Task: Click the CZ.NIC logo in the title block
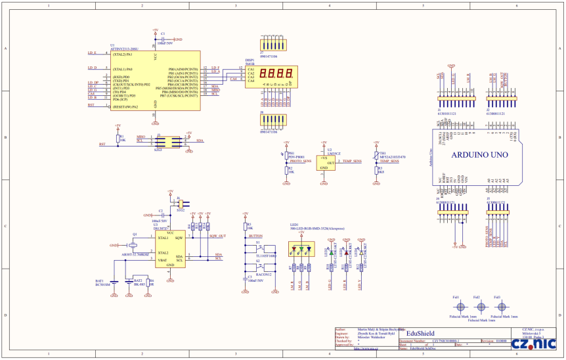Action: [x=534, y=343]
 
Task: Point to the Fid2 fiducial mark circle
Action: [x=481, y=307]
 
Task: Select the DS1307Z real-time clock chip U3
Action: [x=170, y=249]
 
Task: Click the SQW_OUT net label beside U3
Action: [x=217, y=235]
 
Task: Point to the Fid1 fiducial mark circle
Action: [x=461, y=307]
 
